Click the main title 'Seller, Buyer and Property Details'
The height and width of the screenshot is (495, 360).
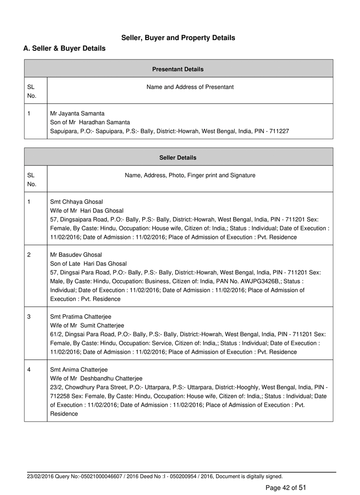point(178,38)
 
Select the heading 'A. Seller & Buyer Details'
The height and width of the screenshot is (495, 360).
point(64,48)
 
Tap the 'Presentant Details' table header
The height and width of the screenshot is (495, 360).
point(178,69)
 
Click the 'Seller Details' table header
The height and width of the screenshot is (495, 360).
point(178,157)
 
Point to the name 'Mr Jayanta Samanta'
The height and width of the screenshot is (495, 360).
point(77,113)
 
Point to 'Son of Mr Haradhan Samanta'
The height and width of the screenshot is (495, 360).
point(90,122)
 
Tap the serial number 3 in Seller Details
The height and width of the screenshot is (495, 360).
point(29,316)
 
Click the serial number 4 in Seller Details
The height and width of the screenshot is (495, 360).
point(29,369)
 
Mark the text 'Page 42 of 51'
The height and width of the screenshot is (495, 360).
point(286,487)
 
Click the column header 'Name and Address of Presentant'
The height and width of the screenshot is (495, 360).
point(190,87)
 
